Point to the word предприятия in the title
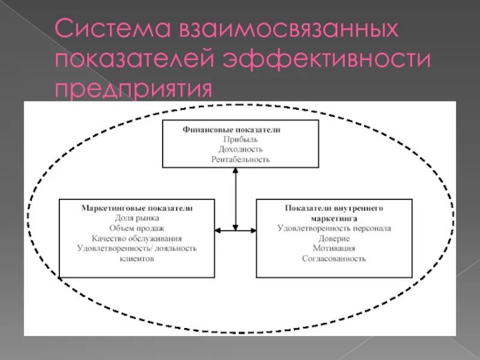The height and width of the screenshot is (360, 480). (x=134, y=89)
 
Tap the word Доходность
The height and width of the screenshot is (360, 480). (x=241, y=149)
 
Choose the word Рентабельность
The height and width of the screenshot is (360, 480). (x=241, y=160)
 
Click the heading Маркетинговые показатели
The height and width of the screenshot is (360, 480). (x=137, y=208)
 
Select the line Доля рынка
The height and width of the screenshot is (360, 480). (x=137, y=218)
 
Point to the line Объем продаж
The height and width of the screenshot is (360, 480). (x=137, y=228)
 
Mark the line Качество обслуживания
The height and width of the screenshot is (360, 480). (x=137, y=238)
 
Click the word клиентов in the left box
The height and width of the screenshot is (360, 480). (x=137, y=259)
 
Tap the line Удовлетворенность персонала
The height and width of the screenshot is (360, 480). (x=334, y=228)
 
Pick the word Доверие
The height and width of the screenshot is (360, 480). (x=334, y=238)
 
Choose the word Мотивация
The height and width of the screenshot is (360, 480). (x=334, y=248)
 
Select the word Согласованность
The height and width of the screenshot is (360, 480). (x=334, y=258)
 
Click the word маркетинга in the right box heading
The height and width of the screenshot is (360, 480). (x=334, y=217)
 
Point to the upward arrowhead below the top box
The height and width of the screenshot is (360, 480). (x=236, y=170)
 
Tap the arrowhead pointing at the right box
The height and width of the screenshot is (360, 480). (x=253, y=229)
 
